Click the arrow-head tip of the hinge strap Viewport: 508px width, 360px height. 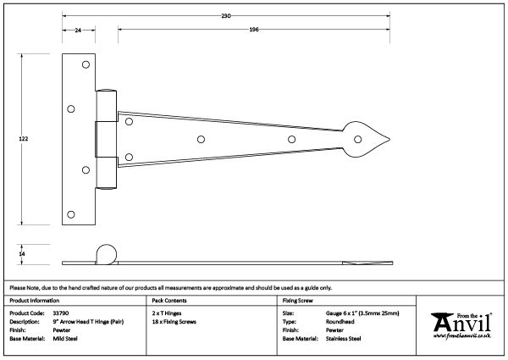[392, 139]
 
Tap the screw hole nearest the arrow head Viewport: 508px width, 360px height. [290, 139]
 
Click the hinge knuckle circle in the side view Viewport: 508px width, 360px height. [107, 253]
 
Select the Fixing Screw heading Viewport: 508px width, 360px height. [301, 301]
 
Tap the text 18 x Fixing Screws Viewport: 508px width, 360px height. [174, 322]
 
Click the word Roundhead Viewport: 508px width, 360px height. [342, 322]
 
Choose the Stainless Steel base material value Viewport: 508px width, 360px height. [344, 339]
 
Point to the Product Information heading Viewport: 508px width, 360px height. [35, 301]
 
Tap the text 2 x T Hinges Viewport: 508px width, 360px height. [166, 313]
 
